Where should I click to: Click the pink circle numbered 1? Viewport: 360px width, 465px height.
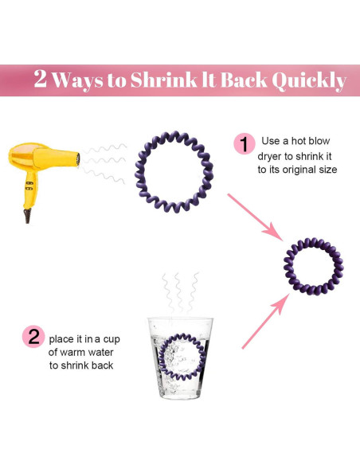pyautogui.click(x=244, y=144)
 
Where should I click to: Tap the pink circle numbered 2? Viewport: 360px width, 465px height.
pyautogui.click(x=34, y=337)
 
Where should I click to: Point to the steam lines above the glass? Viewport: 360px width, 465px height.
pyautogui.click(x=179, y=292)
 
